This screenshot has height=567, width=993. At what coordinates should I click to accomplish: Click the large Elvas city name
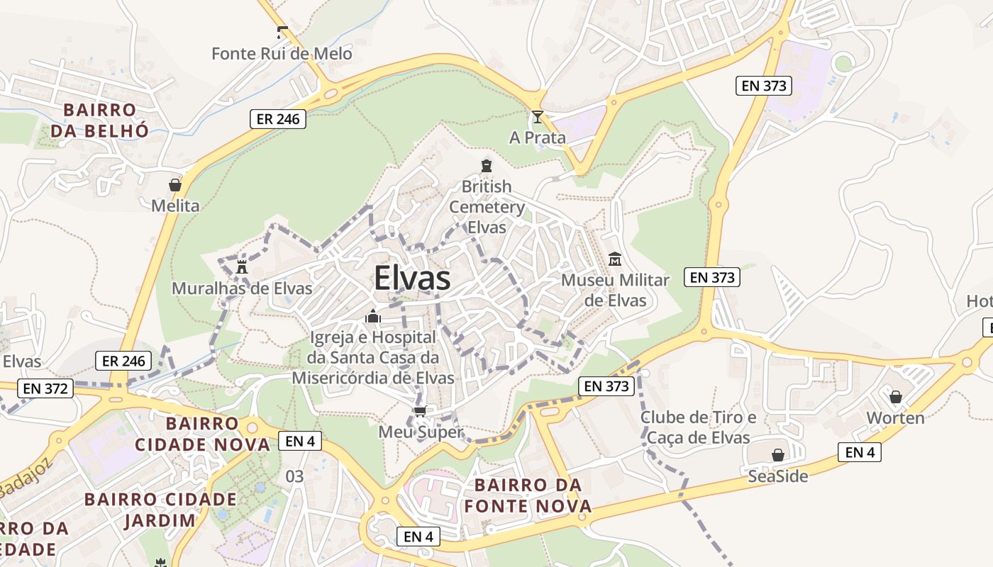[x=412, y=278]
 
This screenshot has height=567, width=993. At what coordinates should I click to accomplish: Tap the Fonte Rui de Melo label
[x=282, y=54]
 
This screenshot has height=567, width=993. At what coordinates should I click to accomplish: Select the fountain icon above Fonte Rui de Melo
[x=282, y=32]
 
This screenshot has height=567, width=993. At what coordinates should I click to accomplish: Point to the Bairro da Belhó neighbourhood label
[x=99, y=120]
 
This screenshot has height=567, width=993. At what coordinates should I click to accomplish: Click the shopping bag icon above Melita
[x=175, y=185]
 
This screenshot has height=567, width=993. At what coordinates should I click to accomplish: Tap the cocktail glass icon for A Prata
[x=538, y=117]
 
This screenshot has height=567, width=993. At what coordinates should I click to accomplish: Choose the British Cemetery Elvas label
[x=487, y=207]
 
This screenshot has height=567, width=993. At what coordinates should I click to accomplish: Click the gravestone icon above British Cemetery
[x=487, y=166]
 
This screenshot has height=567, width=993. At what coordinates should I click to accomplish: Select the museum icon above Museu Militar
[x=615, y=259]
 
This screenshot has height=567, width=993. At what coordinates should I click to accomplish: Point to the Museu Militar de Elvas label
[x=615, y=290]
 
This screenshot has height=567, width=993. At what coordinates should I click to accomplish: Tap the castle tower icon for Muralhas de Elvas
[x=242, y=267]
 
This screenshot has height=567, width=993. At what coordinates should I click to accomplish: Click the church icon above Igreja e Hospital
[x=373, y=316]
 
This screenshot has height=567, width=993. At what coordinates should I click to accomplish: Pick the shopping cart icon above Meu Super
[x=420, y=411]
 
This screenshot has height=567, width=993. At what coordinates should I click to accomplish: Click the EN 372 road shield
[x=45, y=388]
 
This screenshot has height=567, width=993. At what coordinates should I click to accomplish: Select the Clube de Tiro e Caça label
[x=698, y=427]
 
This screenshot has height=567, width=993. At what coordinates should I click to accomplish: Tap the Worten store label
[x=896, y=418]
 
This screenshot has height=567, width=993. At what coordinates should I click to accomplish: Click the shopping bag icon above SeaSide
[x=778, y=455]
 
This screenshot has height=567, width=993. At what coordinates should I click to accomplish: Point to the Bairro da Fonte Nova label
[x=528, y=495]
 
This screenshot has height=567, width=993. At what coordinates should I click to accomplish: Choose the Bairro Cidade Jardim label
[x=160, y=510]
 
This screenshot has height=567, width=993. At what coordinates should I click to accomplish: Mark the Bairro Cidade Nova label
[x=202, y=434]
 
